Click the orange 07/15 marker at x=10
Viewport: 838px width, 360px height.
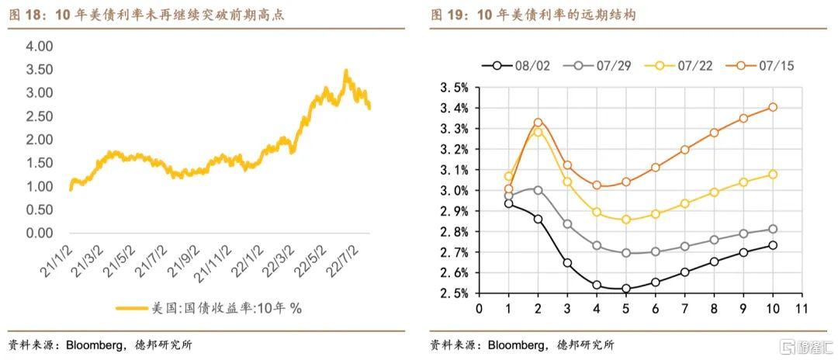point(773,107)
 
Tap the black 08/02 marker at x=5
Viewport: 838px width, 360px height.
point(626,289)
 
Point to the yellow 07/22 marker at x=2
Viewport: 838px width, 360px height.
point(538,132)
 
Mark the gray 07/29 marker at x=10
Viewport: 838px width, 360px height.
point(773,229)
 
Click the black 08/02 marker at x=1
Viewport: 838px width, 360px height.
point(508,203)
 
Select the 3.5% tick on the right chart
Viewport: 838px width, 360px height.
point(455,87)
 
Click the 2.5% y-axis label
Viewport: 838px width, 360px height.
point(455,293)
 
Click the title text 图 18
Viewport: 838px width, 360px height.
point(23,14)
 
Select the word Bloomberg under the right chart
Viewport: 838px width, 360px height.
point(522,345)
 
